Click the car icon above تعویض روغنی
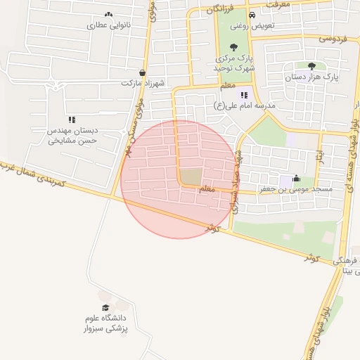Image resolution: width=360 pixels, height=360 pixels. pyautogui.click(x=252, y=14)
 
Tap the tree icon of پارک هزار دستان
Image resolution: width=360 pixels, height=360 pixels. pyautogui.click(x=311, y=65)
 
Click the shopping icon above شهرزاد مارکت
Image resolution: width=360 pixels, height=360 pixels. pyautogui.click(x=143, y=72)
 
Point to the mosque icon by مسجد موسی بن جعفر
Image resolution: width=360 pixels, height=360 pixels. pyautogui.click(x=295, y=179)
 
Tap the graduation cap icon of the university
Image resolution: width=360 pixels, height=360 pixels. pyautogui.click(x=105, y=307)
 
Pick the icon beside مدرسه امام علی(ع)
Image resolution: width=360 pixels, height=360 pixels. pyautogui.click(x=244, y=95)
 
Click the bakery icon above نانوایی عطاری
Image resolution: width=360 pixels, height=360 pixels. pyautogui.click(x=108, y=14)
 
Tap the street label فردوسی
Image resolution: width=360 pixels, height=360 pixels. pyautogui.click(x=333, y=39)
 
